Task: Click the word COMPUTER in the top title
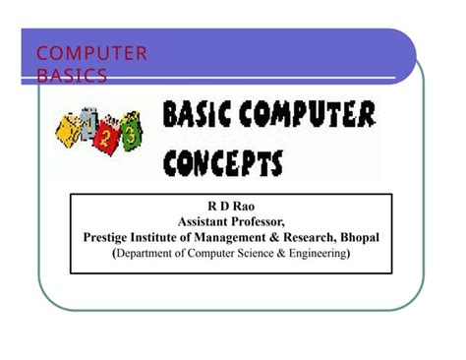point(91,53)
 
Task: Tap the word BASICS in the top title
point(73,75)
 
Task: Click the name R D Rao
point(231,208)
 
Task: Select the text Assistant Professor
point(231,222)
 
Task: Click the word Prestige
point(109,238)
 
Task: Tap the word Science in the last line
point(258,254)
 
